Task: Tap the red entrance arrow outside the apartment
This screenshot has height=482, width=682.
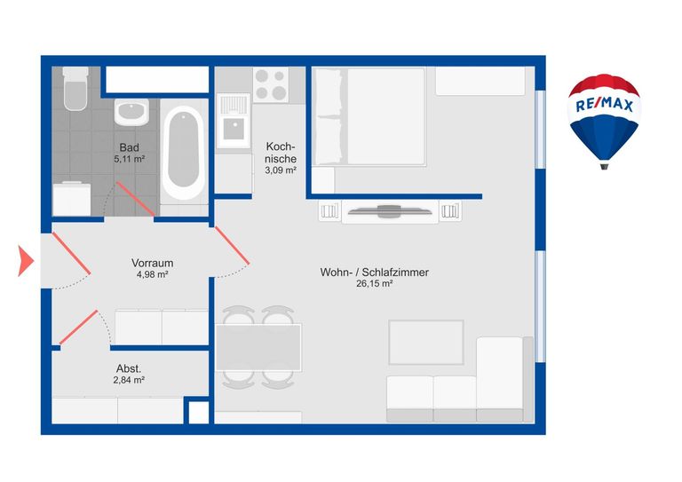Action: coord(25,260)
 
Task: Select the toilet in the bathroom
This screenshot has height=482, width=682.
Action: coord(75,88)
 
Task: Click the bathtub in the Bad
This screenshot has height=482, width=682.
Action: coord(183,153)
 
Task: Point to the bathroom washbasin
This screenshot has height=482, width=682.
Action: coord(131,112)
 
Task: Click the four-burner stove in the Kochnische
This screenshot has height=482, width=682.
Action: coord(271,84)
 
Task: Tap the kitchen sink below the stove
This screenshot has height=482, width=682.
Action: coord(234,121)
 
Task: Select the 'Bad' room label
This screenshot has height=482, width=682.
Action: coord(129,147)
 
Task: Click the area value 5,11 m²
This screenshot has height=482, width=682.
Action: coord(129,159)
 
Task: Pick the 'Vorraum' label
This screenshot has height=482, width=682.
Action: coord(152,263)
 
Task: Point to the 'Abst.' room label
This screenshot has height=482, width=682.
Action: coord(129,368)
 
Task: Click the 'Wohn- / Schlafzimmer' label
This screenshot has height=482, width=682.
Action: coord(375,273)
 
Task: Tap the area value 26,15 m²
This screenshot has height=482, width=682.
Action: coord(375,284)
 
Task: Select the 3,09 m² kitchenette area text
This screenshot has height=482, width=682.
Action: coord(281,170)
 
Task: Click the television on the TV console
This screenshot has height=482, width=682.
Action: coord(390,210)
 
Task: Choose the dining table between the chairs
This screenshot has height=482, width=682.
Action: coord(258,347)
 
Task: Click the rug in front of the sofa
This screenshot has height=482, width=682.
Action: coord(426,343)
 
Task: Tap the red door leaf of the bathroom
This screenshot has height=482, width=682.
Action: coord(135,199)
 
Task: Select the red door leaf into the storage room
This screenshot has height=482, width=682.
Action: coord(78,328)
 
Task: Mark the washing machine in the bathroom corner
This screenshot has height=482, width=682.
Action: coord(72,199)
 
